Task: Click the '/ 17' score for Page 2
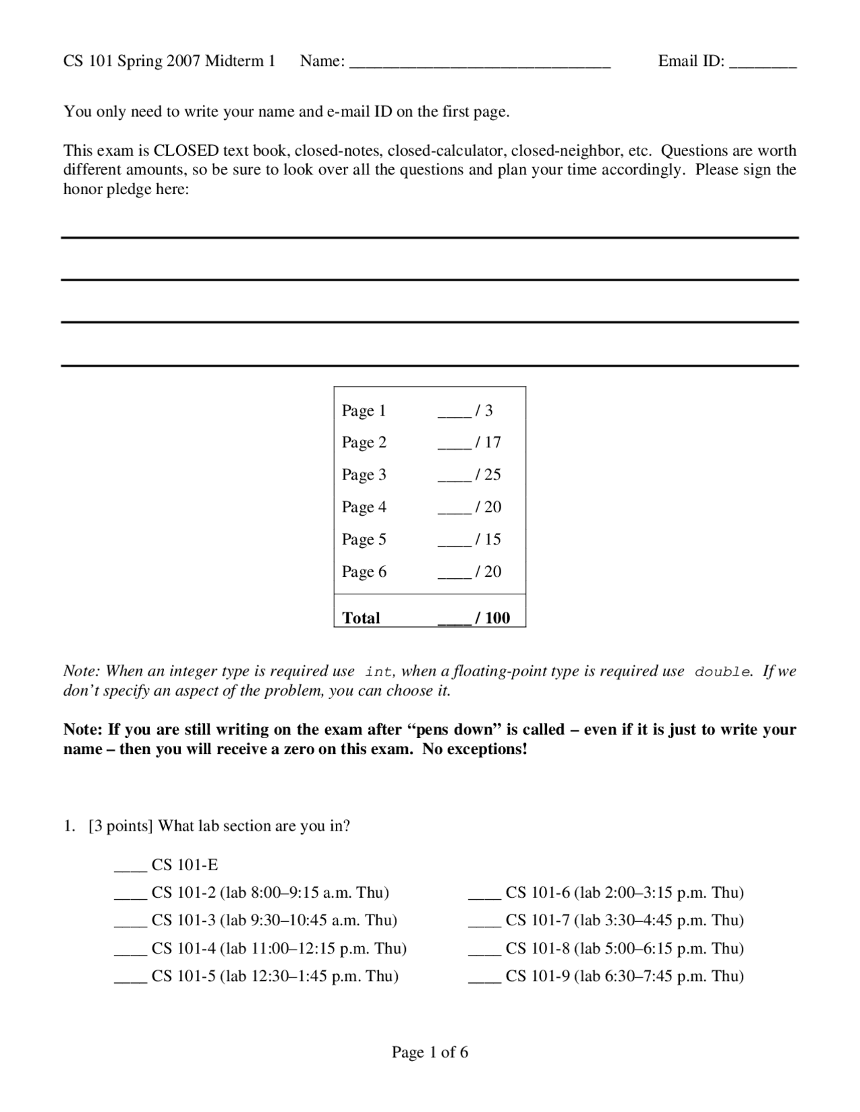click(488, 442)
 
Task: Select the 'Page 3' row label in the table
click(363, 475)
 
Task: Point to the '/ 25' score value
click(488, 475)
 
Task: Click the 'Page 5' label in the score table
click(363, 539)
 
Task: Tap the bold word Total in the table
click(361, 618)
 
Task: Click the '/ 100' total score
click(492, 618)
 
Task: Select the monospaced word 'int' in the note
click(379, 671)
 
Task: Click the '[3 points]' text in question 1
click(120, 826)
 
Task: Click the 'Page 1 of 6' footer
click(430, 1052)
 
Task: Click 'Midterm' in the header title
click(234, 61)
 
